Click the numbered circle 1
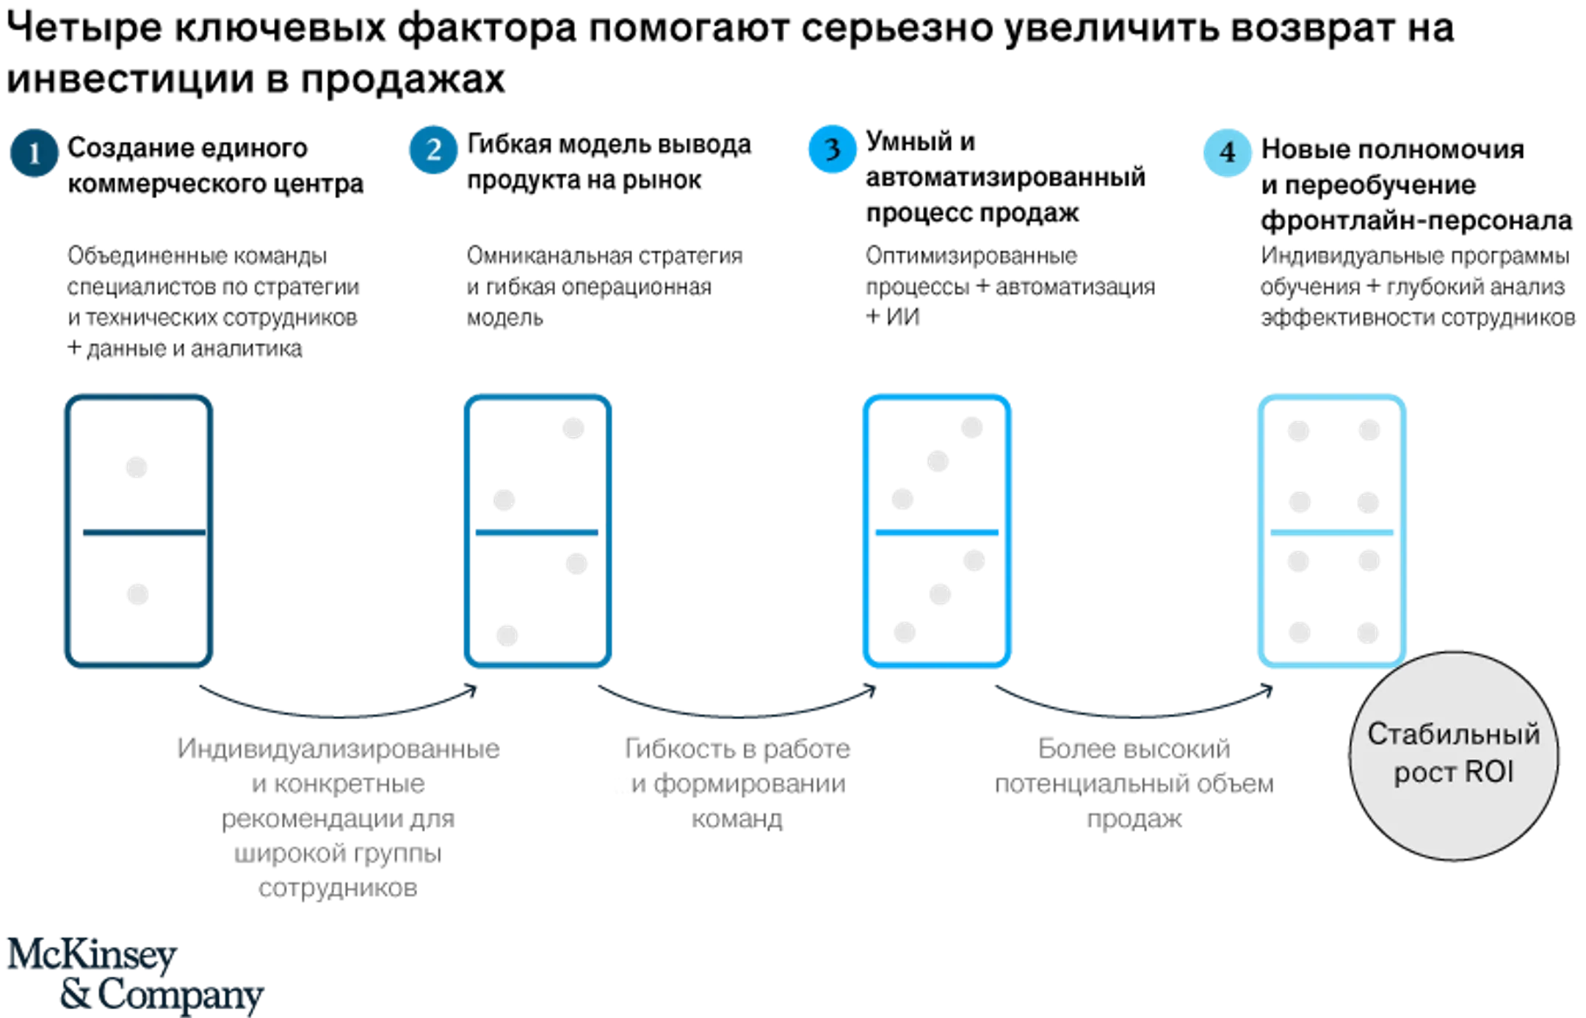pyautogui.click(x=34, y=153)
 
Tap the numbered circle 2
pyautogui.click(x=433, y=150)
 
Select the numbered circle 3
pyautogui.click(x=832, y=150)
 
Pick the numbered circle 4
pyautogui.click(x=1228, y=153)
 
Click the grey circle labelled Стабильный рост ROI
pyautogui.click(x=1454, y=756)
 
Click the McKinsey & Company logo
pyautogui.click(x=135, y=975)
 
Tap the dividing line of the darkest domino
pyautogui.click(x=144, y=533)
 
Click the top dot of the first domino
pyautogui.click(x=137, y=467)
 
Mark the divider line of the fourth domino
pyautogui.click(x=1332, y=533)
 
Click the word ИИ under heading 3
pyautogui.click(x=902, y=317)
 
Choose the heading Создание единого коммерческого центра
pyautogui.click(x=215, y=166)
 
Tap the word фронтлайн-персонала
pyautogui.click(x=1416, y=220)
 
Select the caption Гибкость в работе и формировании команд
pyautogui.click(x=737, y=784)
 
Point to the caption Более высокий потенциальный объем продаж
pyautogui.click(x=1134, y=784)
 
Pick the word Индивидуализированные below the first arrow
pyautogui.click(x=338, y=749)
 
